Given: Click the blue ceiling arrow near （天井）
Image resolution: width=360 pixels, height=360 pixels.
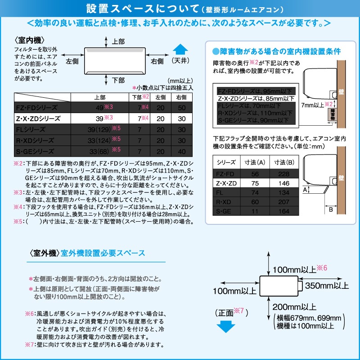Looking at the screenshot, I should point(180,50).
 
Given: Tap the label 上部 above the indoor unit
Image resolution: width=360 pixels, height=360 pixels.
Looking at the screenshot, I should point(118,41).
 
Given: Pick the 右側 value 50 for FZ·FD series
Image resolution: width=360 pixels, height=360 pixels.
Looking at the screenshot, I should point(182,108).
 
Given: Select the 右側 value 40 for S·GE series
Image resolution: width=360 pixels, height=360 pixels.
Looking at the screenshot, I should point(182,151).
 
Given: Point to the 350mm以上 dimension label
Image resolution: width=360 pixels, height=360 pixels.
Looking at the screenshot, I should point(326,286).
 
